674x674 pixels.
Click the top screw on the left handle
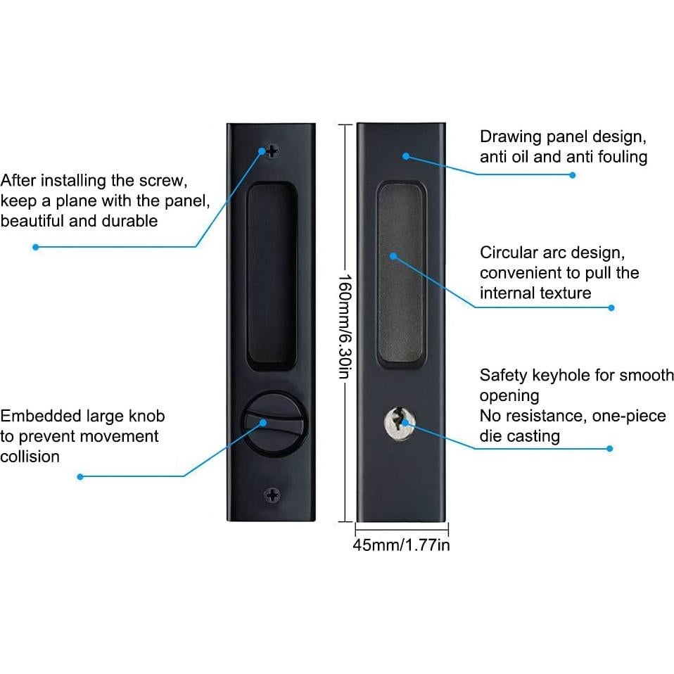click(272, 151)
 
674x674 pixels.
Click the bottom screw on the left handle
click(272, 495)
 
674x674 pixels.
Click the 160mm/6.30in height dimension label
click(345, 326)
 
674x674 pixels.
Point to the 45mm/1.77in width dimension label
click(401, 545)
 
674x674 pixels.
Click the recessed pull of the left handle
click(272, 275)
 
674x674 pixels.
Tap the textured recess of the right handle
click(401, 274)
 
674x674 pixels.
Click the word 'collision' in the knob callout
click(30, 457)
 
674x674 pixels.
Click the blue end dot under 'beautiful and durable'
click(36, 247)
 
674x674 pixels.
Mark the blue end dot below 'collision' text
click(80, 477)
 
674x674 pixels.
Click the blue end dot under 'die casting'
click(609, 448)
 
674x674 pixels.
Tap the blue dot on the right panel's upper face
click(406, 156)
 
